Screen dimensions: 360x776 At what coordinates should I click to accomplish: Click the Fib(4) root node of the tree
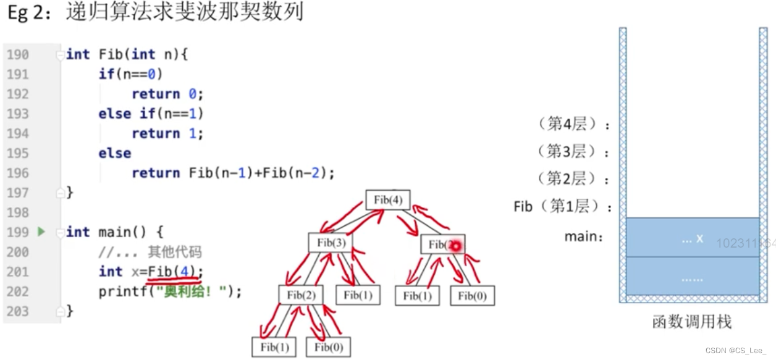pos(387,200)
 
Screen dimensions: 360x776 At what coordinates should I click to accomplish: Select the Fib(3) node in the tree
pos(331,242)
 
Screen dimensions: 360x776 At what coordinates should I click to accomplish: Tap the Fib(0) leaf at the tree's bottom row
pos(328,347)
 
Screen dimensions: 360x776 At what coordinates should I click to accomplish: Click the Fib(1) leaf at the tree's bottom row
pos(274,347)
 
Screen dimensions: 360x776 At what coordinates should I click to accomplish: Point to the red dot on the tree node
pos(456,246)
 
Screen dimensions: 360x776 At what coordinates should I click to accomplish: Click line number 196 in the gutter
pos(18,173)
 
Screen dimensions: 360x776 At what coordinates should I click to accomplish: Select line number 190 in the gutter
pos(18,54)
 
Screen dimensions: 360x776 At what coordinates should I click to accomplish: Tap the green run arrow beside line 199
pos(41,232)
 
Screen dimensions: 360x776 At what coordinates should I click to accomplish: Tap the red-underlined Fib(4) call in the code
pos(174,272)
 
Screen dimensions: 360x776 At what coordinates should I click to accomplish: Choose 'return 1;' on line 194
pos(167,133)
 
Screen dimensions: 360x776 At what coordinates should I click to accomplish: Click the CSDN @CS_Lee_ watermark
pos(735,351)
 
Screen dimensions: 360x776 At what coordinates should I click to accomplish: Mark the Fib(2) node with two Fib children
pos(301,295)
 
